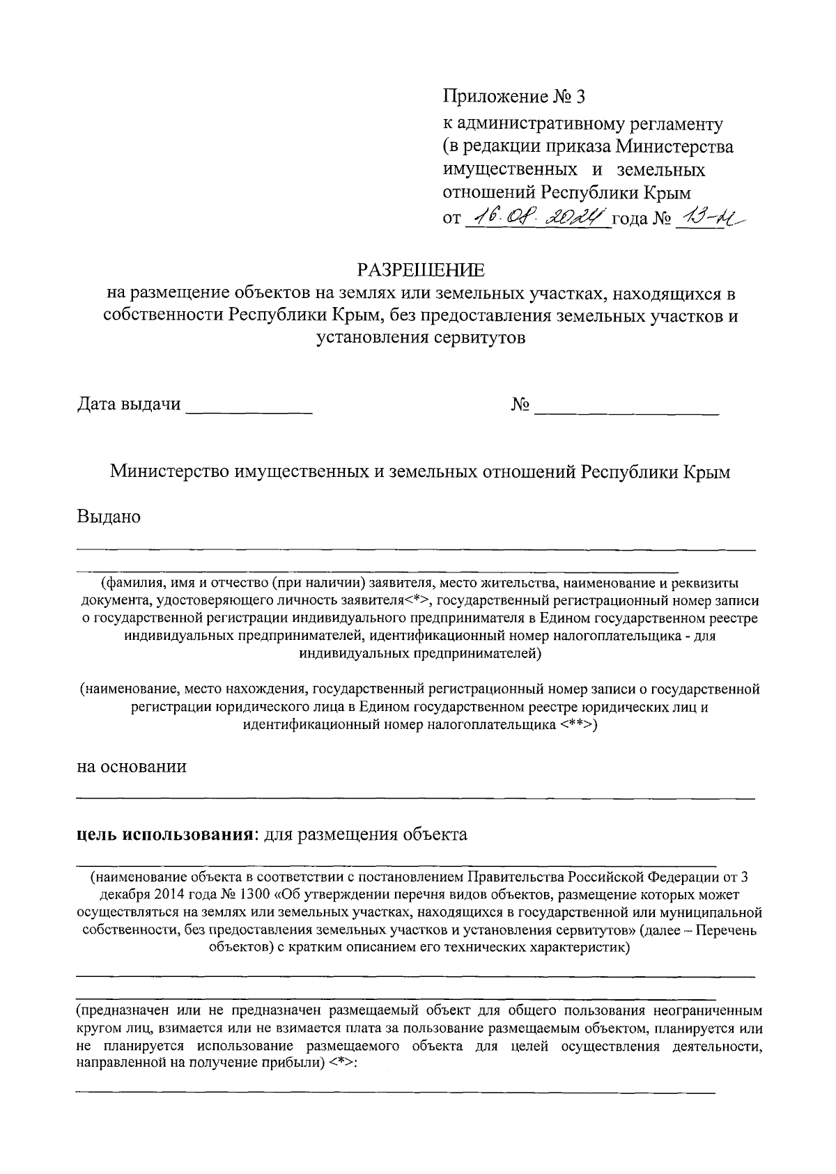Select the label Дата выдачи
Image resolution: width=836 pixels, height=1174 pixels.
pos(129,405)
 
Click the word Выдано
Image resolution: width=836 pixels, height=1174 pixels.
pos(109,517)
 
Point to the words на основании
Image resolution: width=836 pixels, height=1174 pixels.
pos(132,767)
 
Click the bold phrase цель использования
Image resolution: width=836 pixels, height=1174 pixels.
pos(164,834)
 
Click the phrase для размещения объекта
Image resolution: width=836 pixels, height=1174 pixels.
pos(362,834)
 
